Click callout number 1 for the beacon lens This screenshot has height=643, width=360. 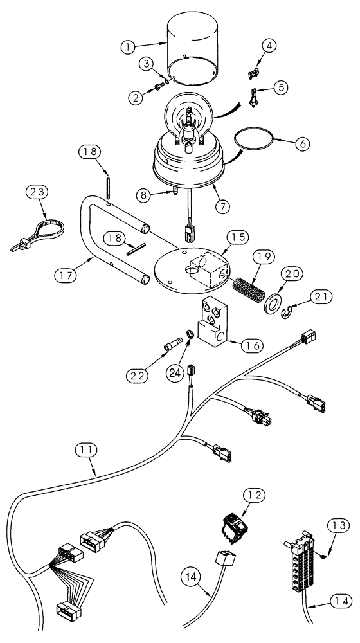(129, 46)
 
